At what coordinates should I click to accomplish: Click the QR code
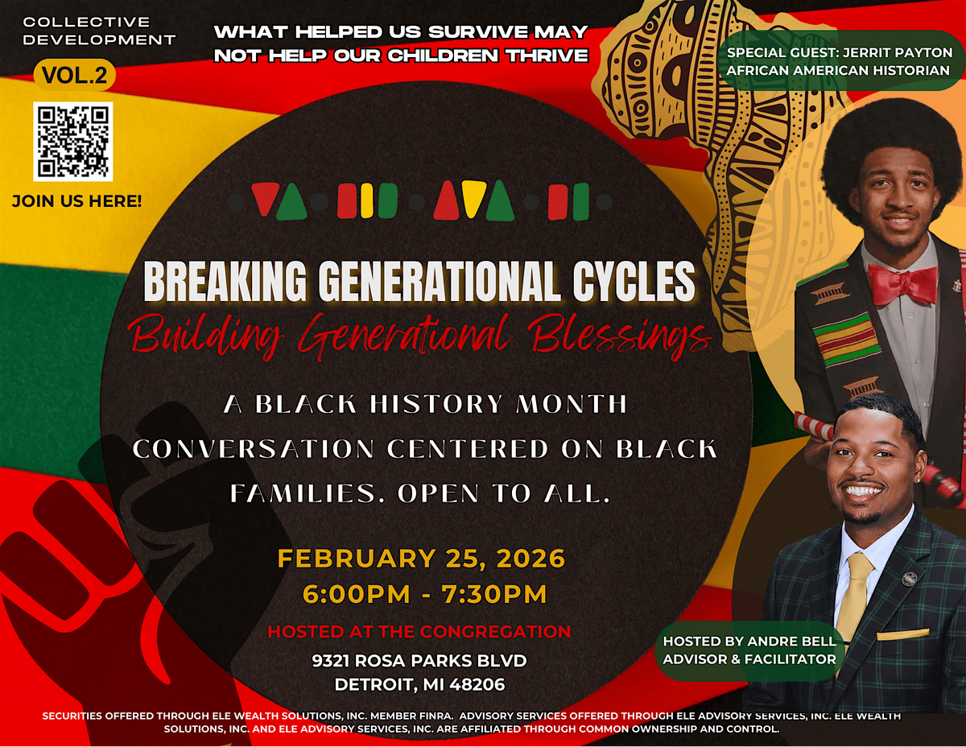coord(73,142)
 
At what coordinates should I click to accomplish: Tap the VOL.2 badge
coord(74,75)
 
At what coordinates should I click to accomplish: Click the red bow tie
coord(902,283)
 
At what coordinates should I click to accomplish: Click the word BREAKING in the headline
coord(225,281)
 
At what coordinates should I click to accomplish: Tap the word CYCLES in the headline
coord(634,281)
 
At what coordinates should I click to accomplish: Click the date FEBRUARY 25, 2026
coord(421,559)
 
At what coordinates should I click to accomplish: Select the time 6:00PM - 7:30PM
coord(424,594)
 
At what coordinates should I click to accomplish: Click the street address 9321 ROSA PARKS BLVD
coord(419,661)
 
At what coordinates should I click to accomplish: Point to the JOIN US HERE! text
coord(77,201)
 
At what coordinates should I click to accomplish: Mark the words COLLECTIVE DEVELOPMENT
coord(99,31)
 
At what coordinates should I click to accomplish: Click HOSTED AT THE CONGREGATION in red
coord(419,631)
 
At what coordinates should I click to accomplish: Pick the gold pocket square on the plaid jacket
coord(902,634)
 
